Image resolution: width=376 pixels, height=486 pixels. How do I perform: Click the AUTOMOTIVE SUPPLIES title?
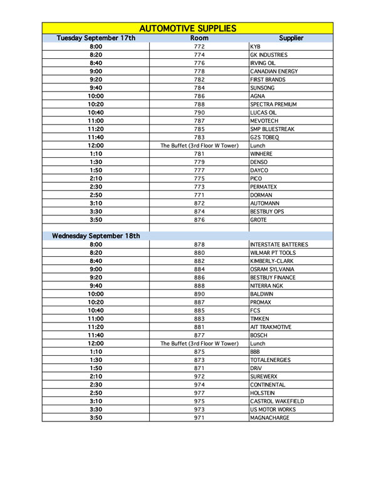coord(187,28)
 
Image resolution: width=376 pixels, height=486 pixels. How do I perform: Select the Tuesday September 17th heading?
coord(96,38)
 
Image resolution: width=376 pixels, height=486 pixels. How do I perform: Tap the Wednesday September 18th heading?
coord(96,236)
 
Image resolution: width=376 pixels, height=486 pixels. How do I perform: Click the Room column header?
coord(199,38)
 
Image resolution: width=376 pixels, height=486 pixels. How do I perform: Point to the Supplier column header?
coord(291,38)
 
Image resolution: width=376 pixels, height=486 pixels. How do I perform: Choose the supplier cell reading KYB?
coord(255,47)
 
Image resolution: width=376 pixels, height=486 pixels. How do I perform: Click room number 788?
coord(199,105)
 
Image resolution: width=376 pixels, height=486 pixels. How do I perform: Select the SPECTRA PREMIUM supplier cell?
coord(273,105)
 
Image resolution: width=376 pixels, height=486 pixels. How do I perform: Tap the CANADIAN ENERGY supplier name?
coord(274,71)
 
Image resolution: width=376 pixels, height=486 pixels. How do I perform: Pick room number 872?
coord(199,204)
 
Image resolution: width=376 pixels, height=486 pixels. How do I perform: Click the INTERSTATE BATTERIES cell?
coord(279,244)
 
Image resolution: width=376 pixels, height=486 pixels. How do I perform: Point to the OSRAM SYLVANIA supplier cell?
coord(273,269)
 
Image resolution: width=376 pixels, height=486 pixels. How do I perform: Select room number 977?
coord(199,393)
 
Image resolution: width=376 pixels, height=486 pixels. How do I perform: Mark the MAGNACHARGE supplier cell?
coord(269,418)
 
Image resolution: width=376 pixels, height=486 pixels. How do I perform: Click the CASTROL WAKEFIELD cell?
coord(276,401)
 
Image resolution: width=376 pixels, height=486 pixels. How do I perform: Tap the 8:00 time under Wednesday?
coord(96,244)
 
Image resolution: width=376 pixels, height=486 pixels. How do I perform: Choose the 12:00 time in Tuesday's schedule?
coord(96,145)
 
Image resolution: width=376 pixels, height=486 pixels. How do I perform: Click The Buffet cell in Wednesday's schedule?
coord(199,343)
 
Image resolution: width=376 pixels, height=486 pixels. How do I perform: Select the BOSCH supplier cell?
coord(259,335)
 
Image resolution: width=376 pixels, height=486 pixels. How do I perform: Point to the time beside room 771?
coord(96,195)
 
